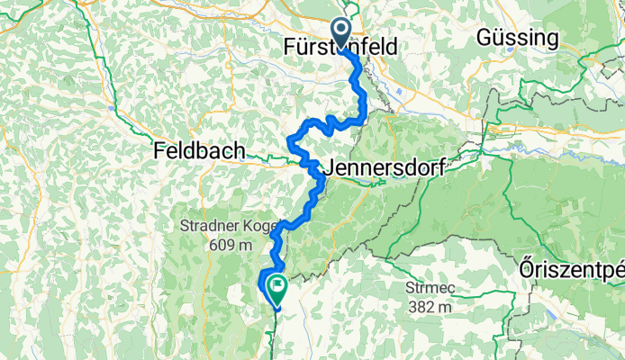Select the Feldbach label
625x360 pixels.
pos(199,151)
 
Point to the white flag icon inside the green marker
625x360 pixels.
pos(276,289)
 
